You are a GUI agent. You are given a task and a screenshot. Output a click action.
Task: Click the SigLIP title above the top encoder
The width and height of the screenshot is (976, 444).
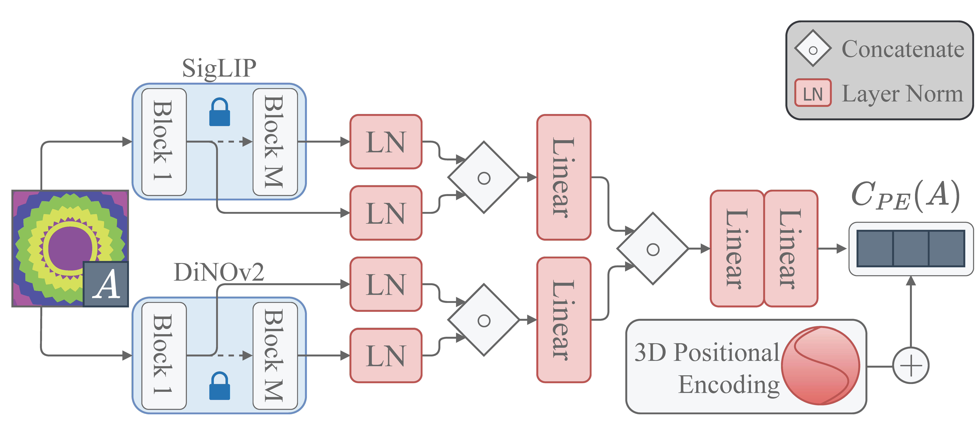(219, 68)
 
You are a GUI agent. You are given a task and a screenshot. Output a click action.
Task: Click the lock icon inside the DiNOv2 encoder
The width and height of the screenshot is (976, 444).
(220, 386)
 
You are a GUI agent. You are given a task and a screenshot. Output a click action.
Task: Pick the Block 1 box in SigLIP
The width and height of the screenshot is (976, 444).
(164, 142)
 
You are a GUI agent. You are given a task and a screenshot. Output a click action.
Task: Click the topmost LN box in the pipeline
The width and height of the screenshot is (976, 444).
(386, 142)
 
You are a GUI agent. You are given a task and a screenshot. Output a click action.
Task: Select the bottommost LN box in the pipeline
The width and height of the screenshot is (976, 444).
(386, 356)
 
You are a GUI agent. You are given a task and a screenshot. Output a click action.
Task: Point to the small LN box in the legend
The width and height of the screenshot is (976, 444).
(813, 93)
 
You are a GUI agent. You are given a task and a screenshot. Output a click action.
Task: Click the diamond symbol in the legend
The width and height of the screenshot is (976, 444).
(813, 49)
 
